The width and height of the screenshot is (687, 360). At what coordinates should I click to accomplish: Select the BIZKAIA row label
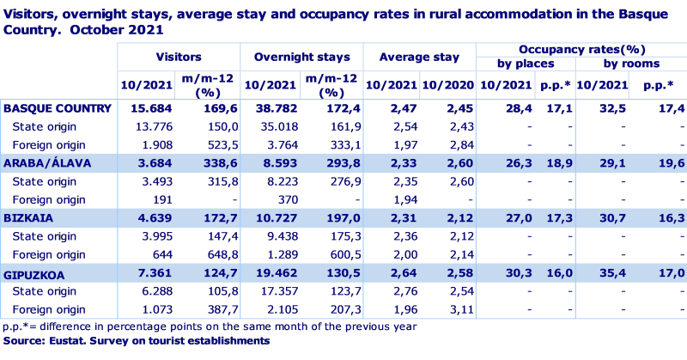[x=29, y=218]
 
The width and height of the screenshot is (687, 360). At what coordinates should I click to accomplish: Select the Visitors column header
[x=179, y=57]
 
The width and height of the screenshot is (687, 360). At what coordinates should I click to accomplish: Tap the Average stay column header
[x=420, y=57]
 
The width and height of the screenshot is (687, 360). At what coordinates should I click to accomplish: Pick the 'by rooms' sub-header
[x=630, y=64]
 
